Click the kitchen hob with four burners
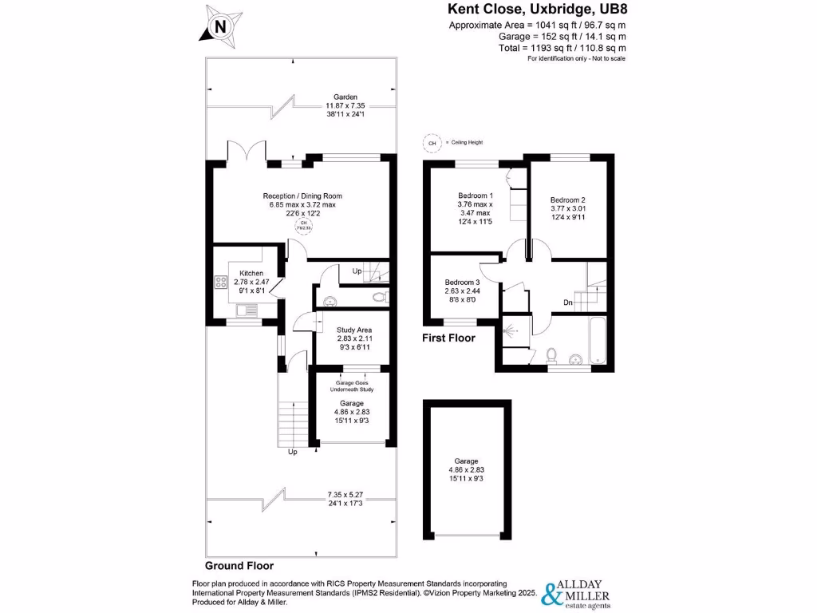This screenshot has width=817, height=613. click(219, 282)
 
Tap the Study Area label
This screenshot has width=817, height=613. click(354, 330)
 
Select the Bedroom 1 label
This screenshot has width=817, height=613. click(476, 196)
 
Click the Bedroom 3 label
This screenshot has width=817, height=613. click(463, 283)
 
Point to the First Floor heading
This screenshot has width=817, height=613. click(448, 338)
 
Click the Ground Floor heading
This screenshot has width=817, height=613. click(239, 565)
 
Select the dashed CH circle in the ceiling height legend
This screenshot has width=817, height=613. click(432, 143)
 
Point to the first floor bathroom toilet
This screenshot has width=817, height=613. click(551, 354)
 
